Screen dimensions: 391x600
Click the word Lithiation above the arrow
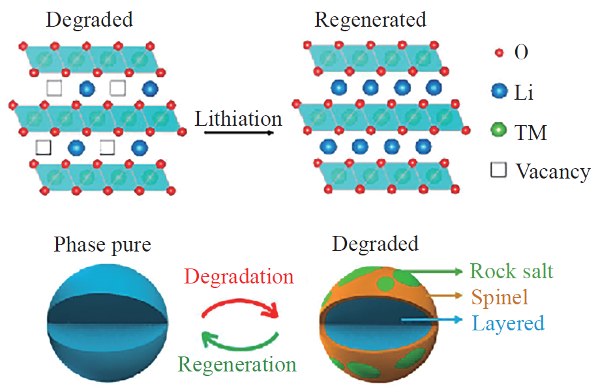point(238,119)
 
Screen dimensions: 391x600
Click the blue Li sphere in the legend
point(500,92)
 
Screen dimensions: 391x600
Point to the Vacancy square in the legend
point(499,171)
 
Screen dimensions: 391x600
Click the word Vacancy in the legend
point(552,171)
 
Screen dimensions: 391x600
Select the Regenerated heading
point(370,20)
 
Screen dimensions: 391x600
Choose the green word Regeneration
point(237,364)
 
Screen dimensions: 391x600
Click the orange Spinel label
point(499,297)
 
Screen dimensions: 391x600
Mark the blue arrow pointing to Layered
point(430,321)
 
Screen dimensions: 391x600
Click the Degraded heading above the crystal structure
point(89,20)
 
